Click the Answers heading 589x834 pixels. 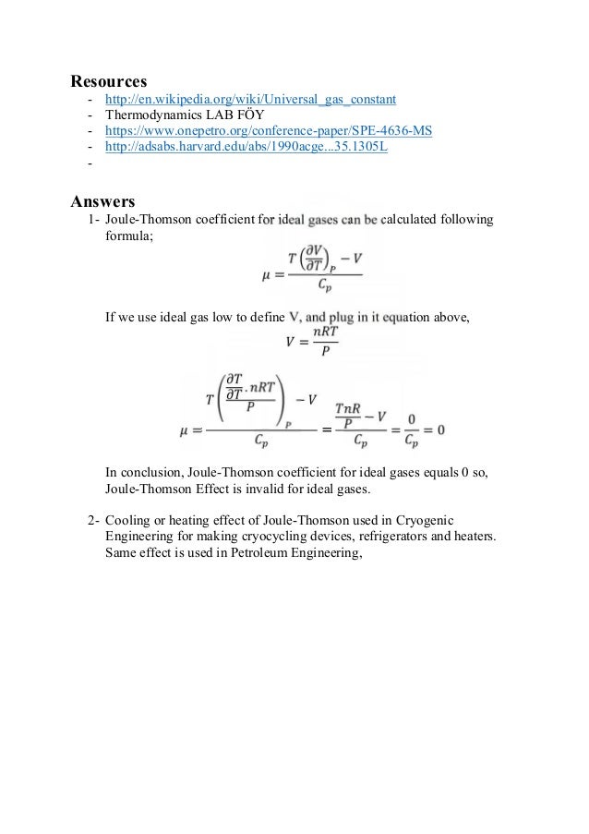pyautogui.click(x=103, y=199)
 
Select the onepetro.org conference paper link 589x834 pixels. pyautogui.click(x=268, y=131)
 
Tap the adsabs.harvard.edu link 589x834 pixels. pyautogui.click(x=246, y=148)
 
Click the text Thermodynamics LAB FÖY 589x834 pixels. pyautogui.click(x=185, y=115)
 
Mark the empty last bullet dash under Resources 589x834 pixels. pyautogui.click(x=90, y=165)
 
